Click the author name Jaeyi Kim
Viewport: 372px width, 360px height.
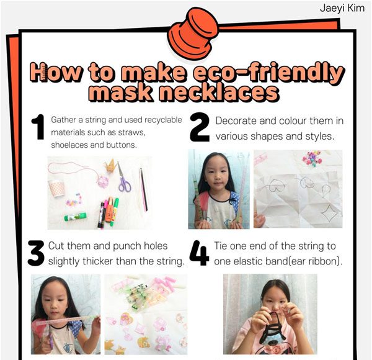pyautogui.click(x=342, y=8)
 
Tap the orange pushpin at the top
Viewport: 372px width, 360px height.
pyautogui.click(x=193, y=34)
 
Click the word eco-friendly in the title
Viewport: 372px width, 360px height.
pyautogui.click(x=268, y=72)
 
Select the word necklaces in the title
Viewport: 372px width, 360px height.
pyautogui.click(x=219, y=92)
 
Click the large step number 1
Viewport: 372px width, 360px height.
pyautogui.click(x=38, y=127)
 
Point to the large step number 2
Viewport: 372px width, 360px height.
pyautogui.click(x=200, y=127)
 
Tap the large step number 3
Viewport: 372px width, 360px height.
pyautogui.click(x=36, y=253)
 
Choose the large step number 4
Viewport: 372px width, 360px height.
pyautogui.click(x=199, y=253)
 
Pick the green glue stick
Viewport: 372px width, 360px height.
pyautogui.click(x=76, y=217)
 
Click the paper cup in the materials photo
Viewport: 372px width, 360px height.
pyautogui.click(x=56, y=189)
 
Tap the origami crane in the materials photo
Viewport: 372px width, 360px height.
pyautogui.click(x=111, y=166)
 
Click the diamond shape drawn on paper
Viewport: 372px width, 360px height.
pyautogui.click(x=329, y=213)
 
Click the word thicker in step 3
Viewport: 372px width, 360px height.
pyautogui.click(x=98, y=261)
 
